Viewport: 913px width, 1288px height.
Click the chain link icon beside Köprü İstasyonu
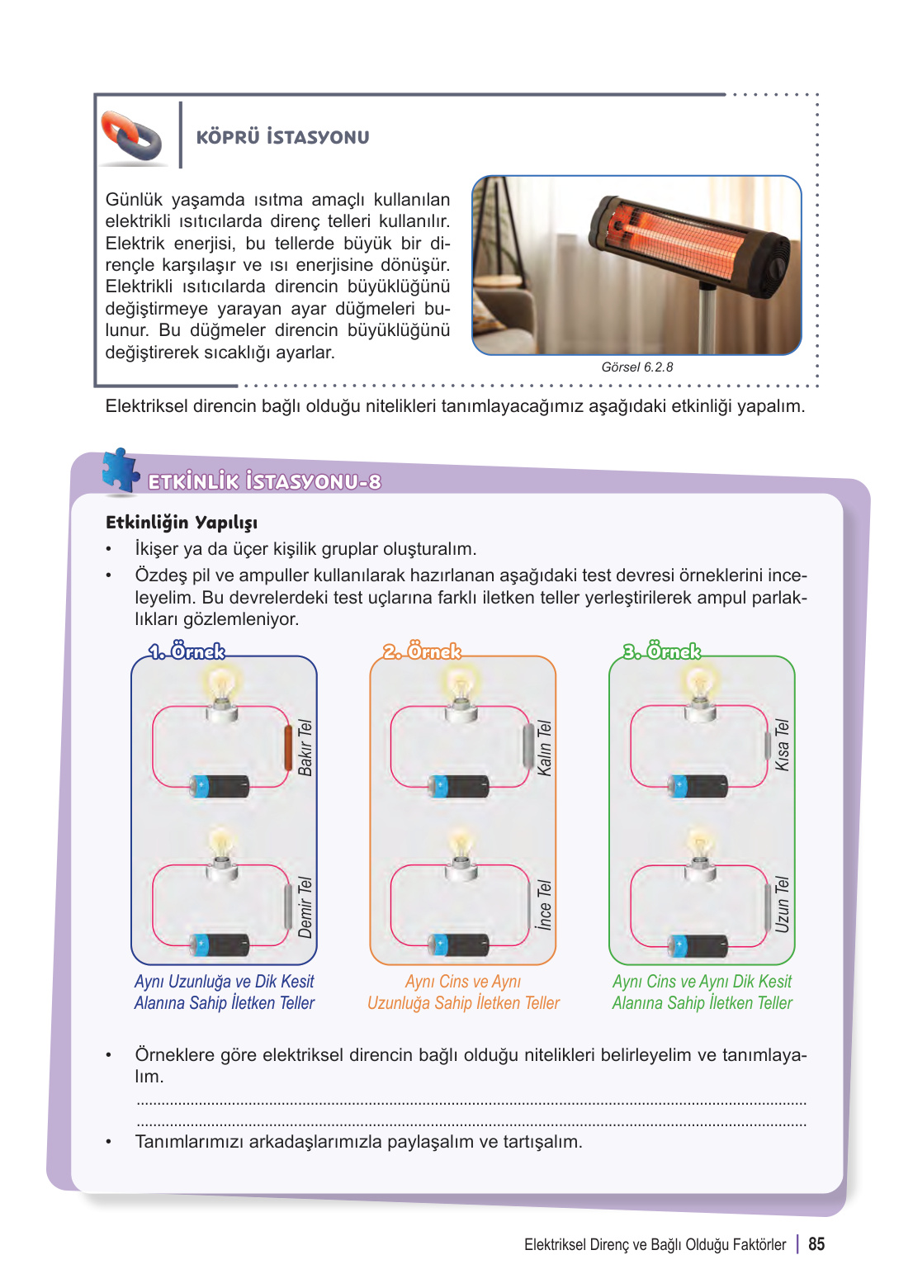pyautogui.click(x=131, y=135)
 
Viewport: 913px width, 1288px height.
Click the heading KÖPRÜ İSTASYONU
pyautogui.click(x=282, y=137)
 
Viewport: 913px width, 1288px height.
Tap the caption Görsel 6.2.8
pyautogui.click(x=636, y=367)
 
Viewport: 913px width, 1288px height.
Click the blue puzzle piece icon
pyautogui.click(x=120, y=471)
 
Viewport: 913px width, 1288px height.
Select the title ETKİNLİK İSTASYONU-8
pyautogui.click(x=264, y=482)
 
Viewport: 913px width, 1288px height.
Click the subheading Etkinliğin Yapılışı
pyautogui.click(x=182, y=523)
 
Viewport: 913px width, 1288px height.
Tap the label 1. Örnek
pyautogui.click(x=187, y=651)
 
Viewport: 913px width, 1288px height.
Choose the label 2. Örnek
pyautogui.click(x=422, y=651)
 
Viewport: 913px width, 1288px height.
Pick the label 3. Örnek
pyautogui.click(x=661, y=651)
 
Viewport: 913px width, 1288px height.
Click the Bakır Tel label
pyautogui.click(x=305, y=747)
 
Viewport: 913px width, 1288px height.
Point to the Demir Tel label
pyautogui.click(x=305, y=907)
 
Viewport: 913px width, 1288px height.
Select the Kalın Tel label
pyautogui.click(x=544, y=748)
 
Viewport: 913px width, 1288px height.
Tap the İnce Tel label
pyautogui.click(x=544, y=905)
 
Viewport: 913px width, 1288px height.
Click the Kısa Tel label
pyautogui.click(x=782, y=745)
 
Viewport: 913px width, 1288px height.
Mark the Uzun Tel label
pyautogui.click(x=782, y=904)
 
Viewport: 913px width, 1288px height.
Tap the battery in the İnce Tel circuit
pyautogui.click(x=458, y=944)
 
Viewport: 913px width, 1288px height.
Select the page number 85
pyautogui.click(x=816, y=1244)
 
